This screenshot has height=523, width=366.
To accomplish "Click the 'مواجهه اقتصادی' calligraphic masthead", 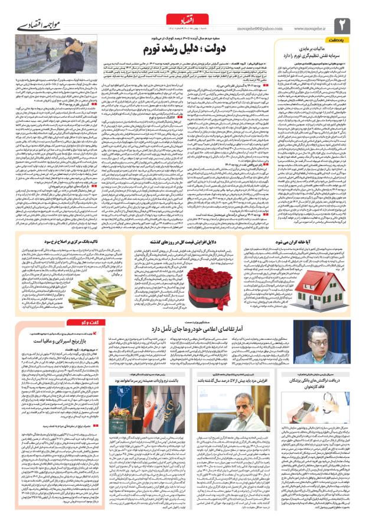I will [x=36, y=27].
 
